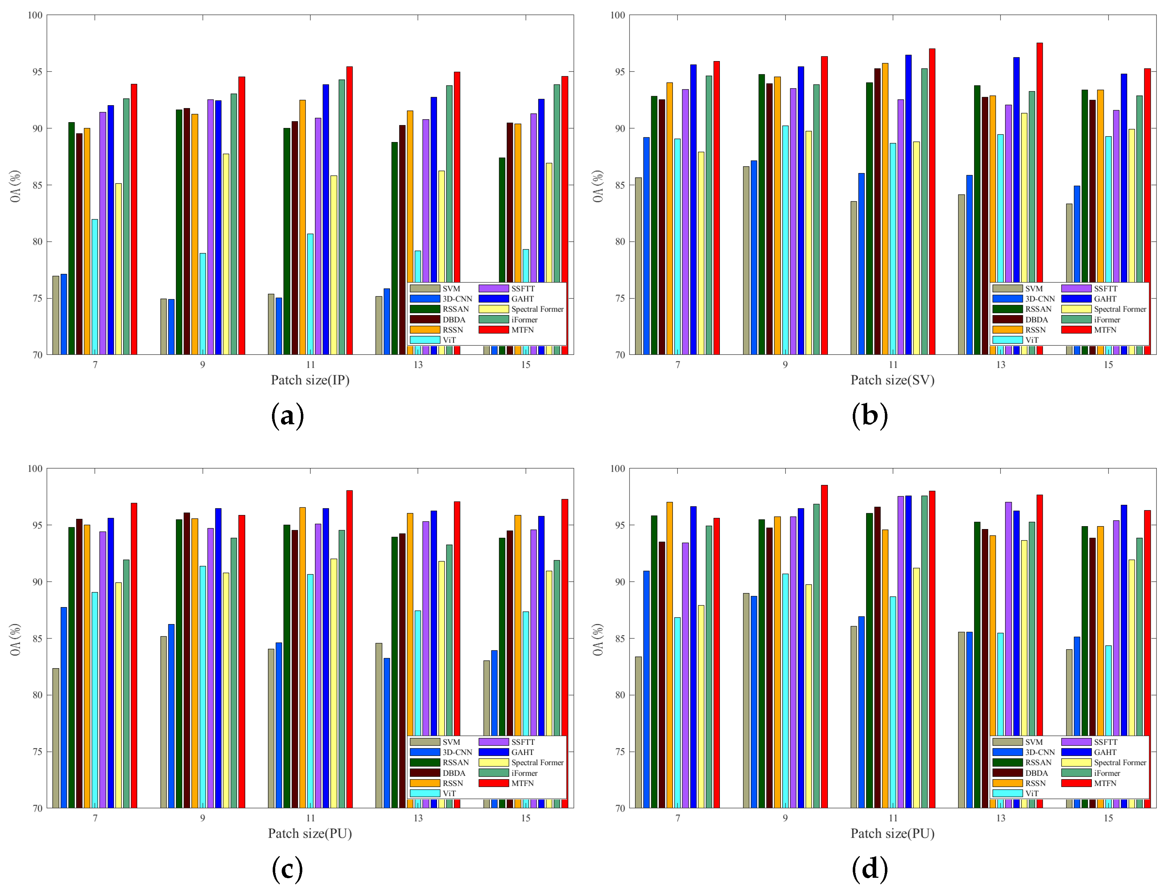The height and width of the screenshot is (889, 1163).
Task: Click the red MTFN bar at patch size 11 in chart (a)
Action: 349,212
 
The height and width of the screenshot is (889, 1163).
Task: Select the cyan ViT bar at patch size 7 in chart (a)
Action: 95,286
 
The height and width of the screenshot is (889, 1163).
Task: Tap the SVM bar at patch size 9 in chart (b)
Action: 746,259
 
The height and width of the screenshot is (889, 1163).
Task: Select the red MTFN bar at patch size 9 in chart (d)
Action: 824,645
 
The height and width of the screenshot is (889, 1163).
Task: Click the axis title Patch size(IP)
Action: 310,380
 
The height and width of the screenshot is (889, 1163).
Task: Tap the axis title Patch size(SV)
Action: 892,380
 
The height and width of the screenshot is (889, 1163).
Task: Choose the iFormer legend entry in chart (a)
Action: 524,319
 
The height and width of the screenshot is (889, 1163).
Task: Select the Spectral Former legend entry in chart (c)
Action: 537,763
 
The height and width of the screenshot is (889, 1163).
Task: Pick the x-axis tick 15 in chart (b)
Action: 1108,365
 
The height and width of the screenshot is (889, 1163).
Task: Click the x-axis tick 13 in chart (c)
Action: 418,818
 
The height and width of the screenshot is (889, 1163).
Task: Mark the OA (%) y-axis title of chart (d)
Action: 598,639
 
